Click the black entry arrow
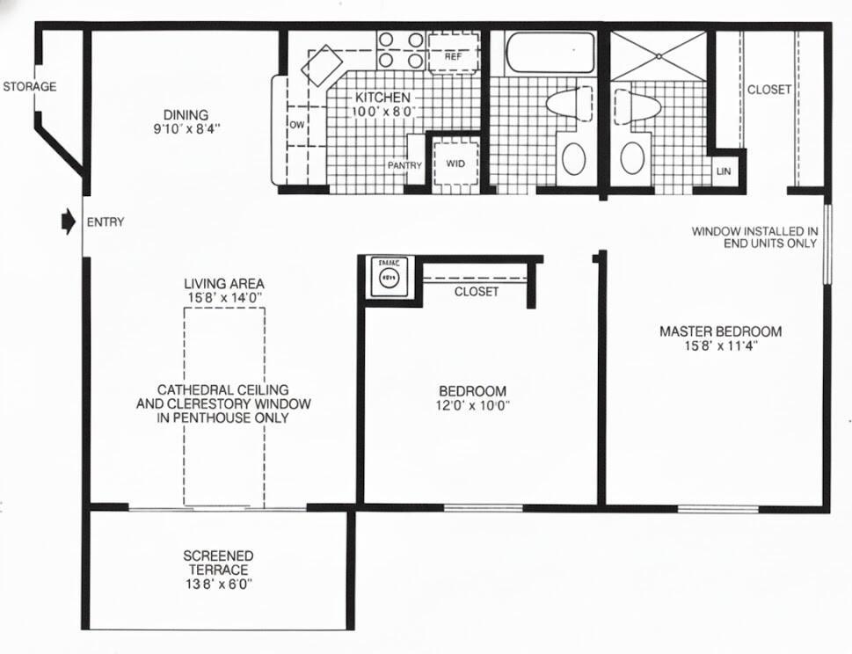coord(68,222)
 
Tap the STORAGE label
coord(29,87)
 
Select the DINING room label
coord(186,114)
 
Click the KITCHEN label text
coord(382,98)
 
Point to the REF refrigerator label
coord(453,56)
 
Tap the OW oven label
coord(296,125)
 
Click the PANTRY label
coord(404,165)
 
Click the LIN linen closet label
coord(724,171)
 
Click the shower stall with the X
coord(659,55)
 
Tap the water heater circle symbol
coord(388,278)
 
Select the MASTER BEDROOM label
coord(720,331)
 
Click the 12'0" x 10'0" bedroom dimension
coord(473,405)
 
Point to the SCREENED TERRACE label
coord(218,563)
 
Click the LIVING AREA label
coord(224,284)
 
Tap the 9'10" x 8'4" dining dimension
coord(186,128)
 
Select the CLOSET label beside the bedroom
coord(477,292)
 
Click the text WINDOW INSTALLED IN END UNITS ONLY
coord(754,237)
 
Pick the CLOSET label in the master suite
coord(769,90)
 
